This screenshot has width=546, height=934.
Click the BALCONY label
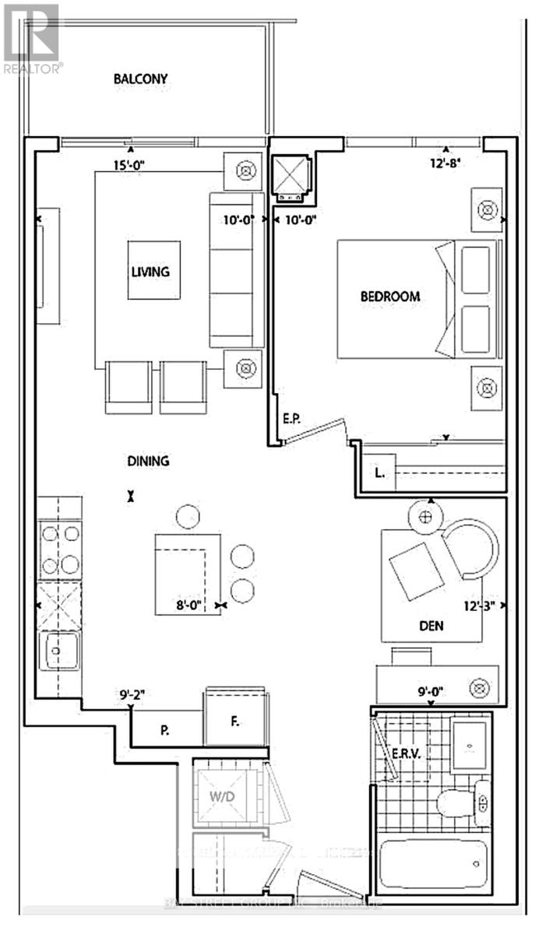(x=140, y=79)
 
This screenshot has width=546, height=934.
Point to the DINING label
(x=148, y=461)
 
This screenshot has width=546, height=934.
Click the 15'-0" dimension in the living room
(x=129, y=165)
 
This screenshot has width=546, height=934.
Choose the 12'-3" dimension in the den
(x=481, y=604)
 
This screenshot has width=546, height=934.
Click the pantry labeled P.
(x=165, y=730)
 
